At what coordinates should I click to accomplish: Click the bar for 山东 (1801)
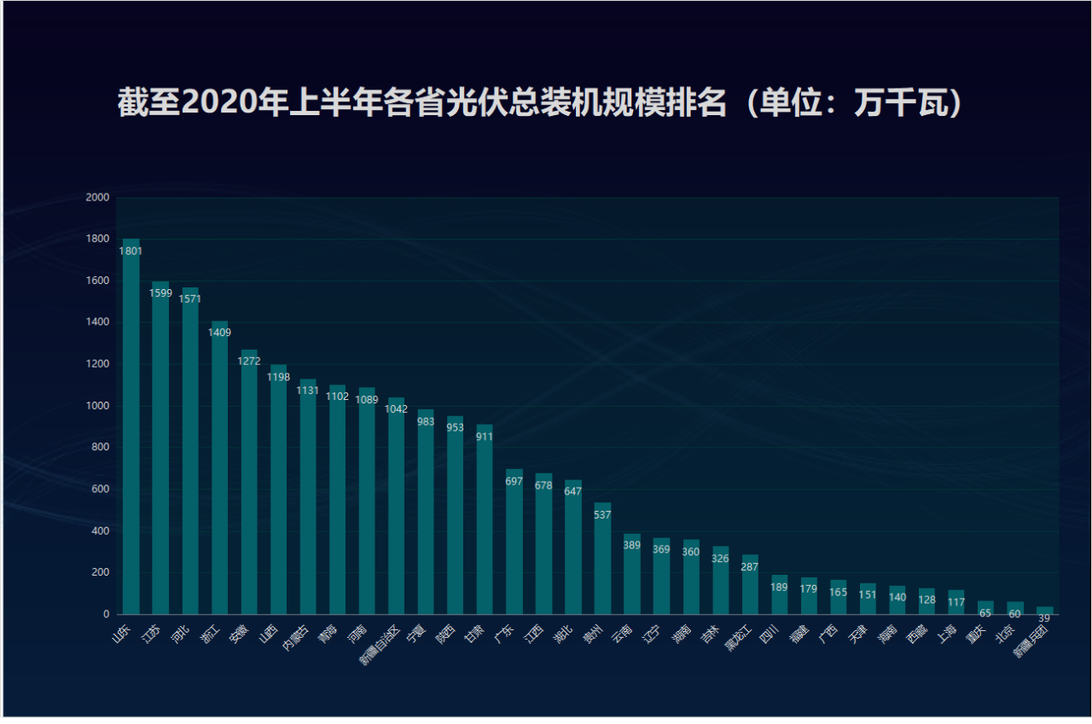point(131,426)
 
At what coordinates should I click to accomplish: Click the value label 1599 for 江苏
point(160,293)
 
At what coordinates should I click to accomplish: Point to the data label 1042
point(396,409)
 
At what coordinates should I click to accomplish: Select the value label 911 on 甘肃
point(485,437)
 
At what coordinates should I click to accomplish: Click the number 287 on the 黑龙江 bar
point(750,567)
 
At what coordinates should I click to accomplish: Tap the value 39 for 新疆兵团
point(1044,618)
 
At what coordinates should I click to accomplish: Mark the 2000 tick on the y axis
point(98,198)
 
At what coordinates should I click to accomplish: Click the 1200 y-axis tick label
point(98,364)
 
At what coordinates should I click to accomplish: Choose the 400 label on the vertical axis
point(101,531)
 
